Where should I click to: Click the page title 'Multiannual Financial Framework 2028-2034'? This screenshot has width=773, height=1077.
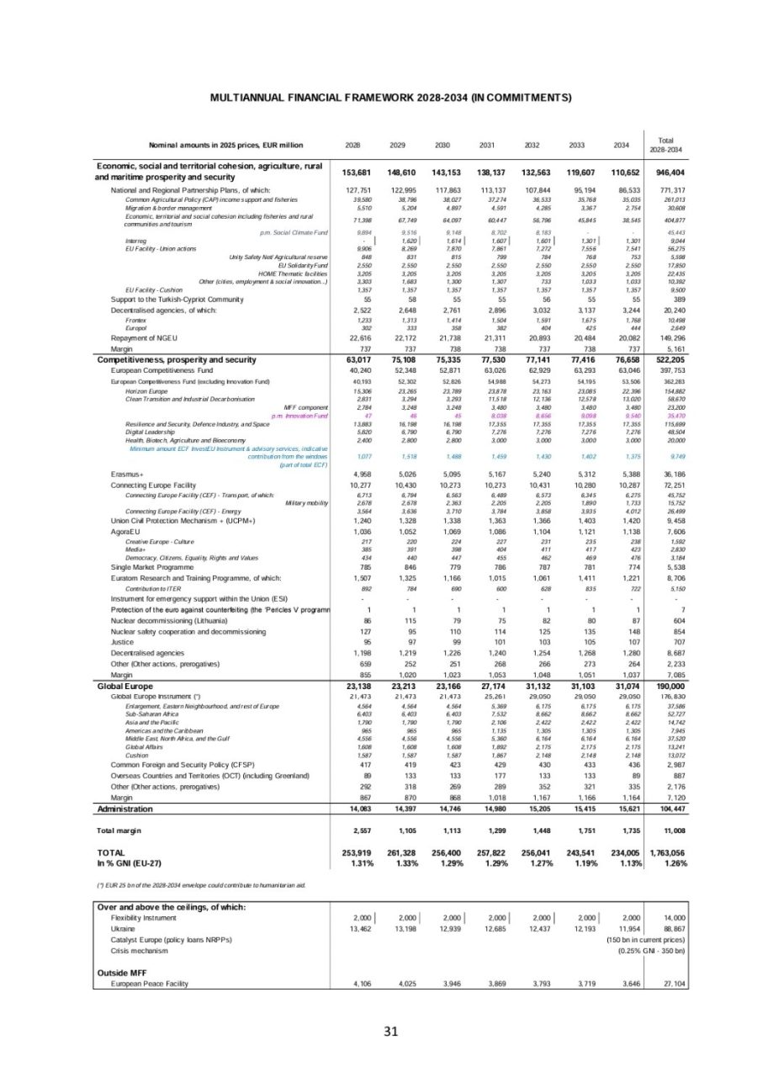[x=390, y=97]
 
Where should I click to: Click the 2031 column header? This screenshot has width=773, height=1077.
[x=485, y=144]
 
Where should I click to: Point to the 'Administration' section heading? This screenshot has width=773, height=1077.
[x=125, y=809]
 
